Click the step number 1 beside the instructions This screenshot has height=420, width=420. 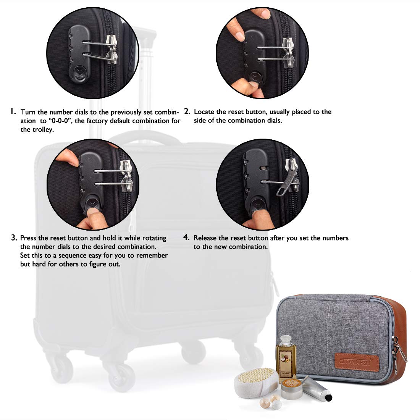click(x=13, y=111)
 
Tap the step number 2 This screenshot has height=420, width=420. click(x=187, y=111)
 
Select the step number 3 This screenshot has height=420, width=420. click(x=14, y=237)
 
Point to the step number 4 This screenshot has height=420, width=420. click(x=186, y=237)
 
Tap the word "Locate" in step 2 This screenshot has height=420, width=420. click(x=204, y=111)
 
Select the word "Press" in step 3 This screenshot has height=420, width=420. click(x=28, y=238)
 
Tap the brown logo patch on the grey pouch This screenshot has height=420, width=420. click(x=357, y=362)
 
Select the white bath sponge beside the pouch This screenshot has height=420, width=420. click(x=256, y=383)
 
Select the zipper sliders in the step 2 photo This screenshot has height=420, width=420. click(x=288, y=52)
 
